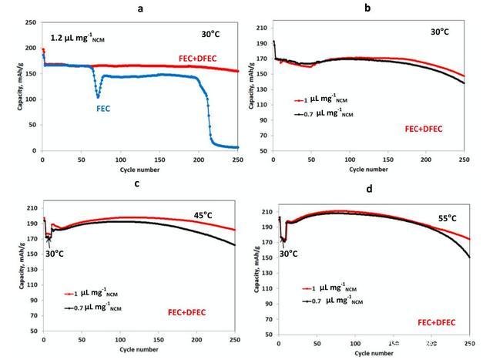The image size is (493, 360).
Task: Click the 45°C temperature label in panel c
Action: (x=205, y=217)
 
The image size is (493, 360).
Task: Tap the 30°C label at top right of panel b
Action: (x=441, y=33)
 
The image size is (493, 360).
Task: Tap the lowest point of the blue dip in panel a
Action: (x=99, y=97)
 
